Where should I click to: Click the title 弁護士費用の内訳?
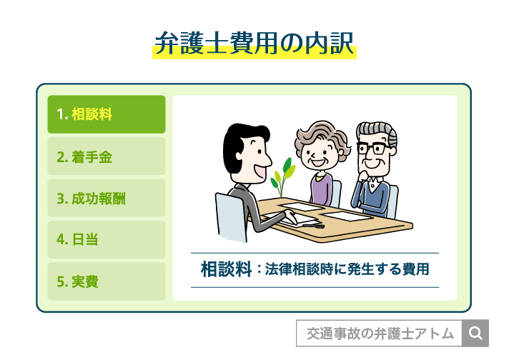(x=254, y=44)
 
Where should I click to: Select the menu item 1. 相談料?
(x=107, y=114)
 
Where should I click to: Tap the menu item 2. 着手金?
(x=107, y=156)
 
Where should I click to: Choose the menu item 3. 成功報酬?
(x=107, y=198)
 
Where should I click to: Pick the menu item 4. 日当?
(x=107, y=239)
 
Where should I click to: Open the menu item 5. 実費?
(x=107, y=281)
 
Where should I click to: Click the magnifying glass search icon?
(x=476, y=333)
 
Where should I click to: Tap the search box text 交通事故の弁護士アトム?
(x=380, y=334)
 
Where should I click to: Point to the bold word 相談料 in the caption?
(x=226, y=270)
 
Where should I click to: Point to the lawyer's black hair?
(x=239, y=139)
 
